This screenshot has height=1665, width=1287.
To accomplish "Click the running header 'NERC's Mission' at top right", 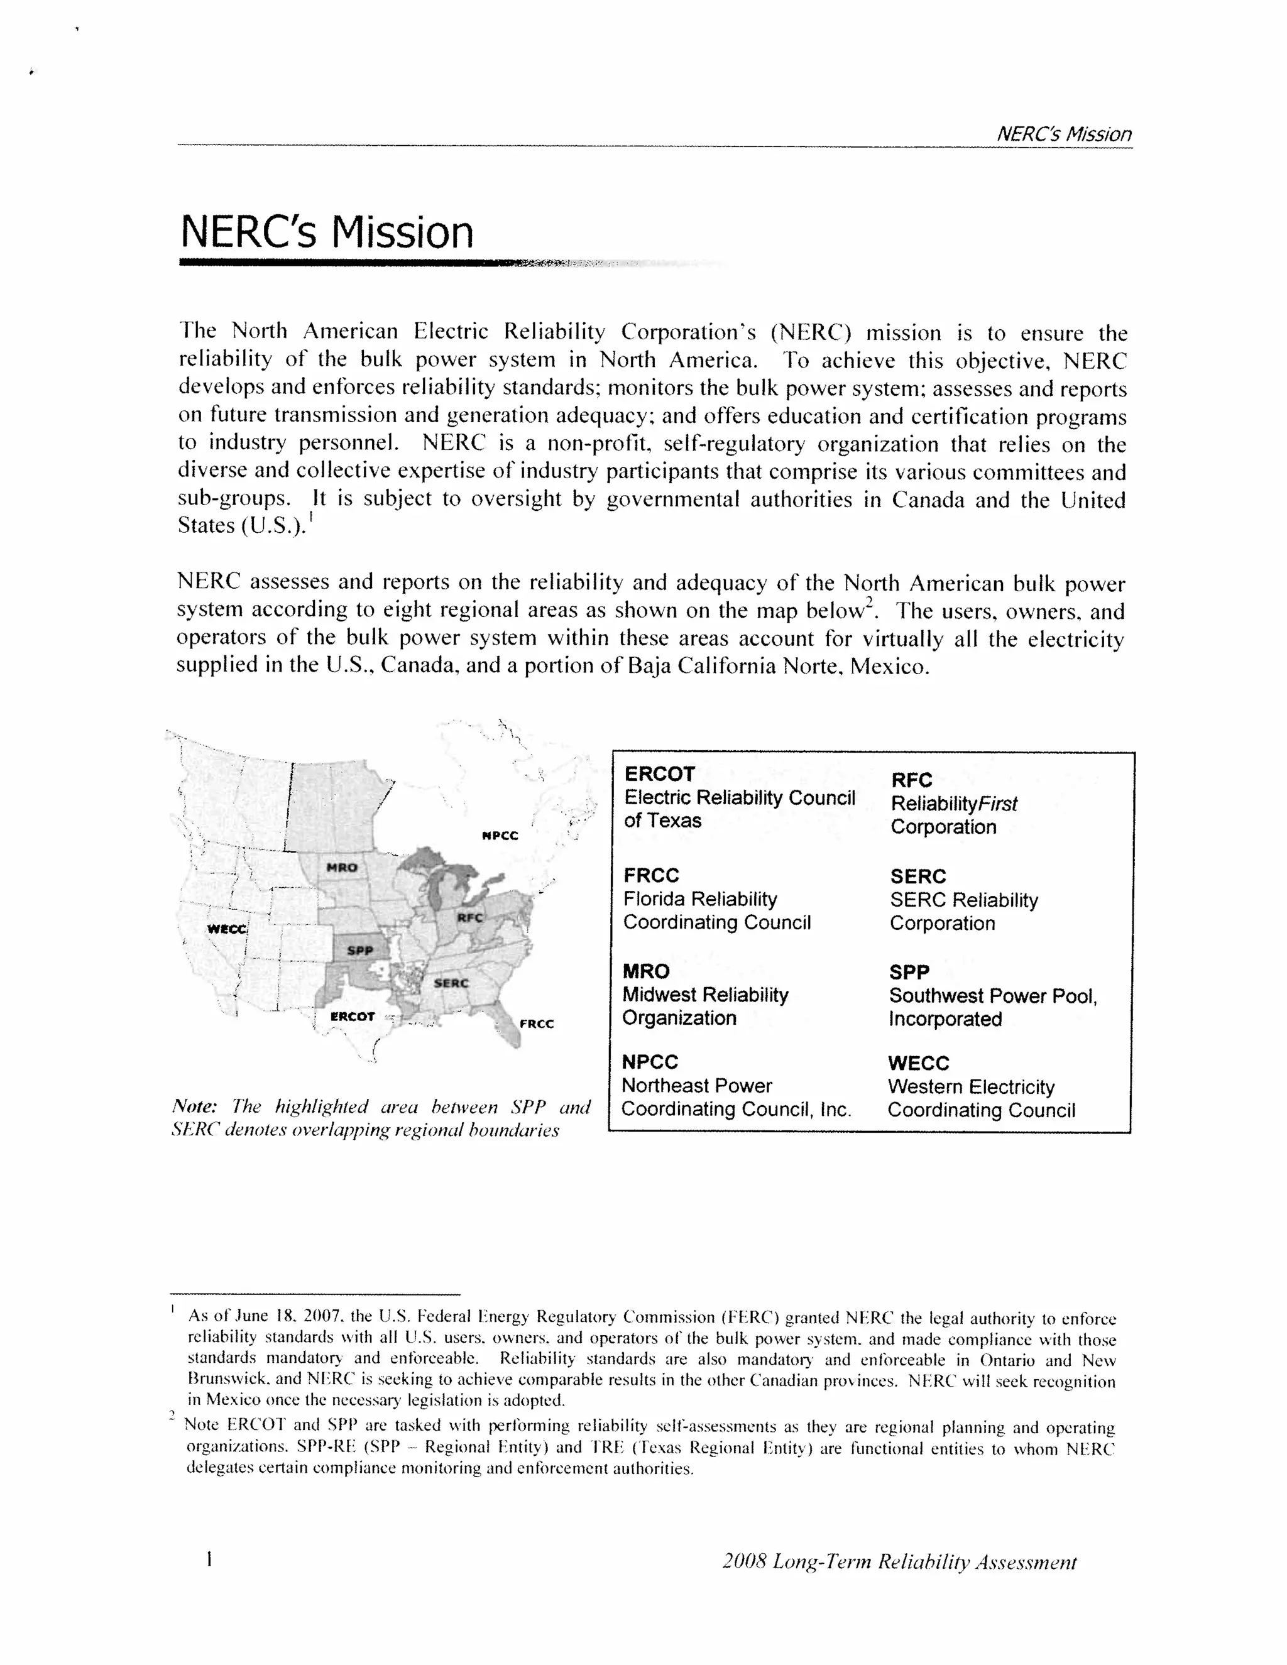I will pyautogui.click(x=1064, y=134).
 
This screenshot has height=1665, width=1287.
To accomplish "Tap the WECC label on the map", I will pyautogui.click(x=226, y=929).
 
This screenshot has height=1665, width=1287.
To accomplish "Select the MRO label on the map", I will pyautogui.click(x=342, y=868).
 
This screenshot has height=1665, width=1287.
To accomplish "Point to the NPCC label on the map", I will pyautogui.click(x=500, y=836).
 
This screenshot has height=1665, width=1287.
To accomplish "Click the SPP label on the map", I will pyautogui.click(x=360, y=951).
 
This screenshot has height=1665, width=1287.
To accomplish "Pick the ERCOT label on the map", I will pyautogui.click(x=353, y=1016).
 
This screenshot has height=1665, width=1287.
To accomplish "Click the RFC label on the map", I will pyautogui.click(x=469, y=918).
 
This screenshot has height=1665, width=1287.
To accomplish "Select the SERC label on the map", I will pyautogui.click(x=451, y=983).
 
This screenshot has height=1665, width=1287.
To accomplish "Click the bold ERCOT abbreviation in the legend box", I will pyautogui.click(x=659, y=774).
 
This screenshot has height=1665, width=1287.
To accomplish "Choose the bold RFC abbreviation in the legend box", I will pyautogui.click(x=912, y=780).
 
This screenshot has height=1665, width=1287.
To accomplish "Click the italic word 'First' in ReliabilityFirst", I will pyautogui.click(x=998, y=804).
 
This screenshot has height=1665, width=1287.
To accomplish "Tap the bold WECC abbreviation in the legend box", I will pyautogui.click(x=918, y=1064).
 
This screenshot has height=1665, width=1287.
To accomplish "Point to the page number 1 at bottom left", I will pyautogui.click(x=208, y=1560).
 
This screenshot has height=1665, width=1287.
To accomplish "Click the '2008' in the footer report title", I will pyautogui.click(x=743, y=1562).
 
